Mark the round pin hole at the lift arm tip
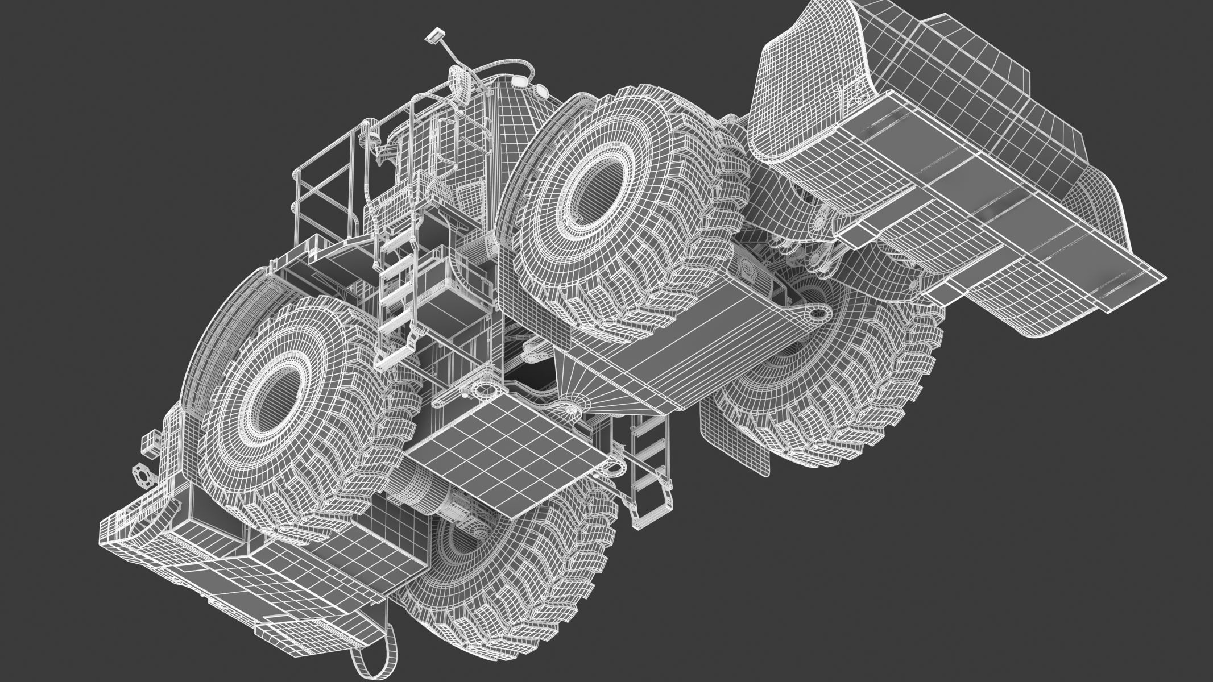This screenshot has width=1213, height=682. pos(819,312)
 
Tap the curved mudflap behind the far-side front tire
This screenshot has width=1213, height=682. pos(734,449)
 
